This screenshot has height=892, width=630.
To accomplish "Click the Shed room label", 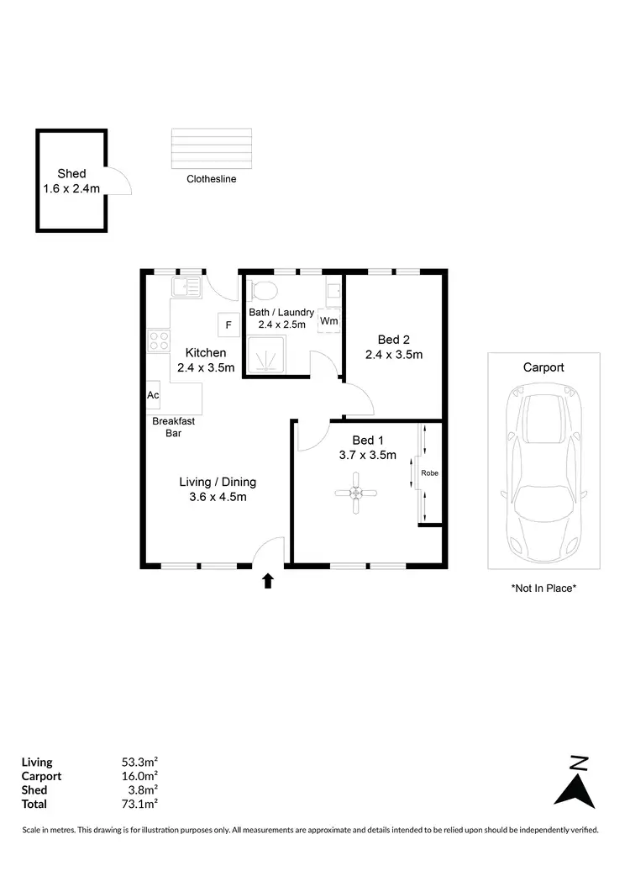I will coord(71,174).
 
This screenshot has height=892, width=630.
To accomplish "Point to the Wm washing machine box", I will coord(328,321).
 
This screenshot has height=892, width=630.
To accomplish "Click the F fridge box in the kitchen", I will coord(227,324).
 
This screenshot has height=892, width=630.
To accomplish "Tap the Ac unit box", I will coord(153,395).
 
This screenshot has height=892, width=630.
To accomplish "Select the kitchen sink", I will coord(186,288).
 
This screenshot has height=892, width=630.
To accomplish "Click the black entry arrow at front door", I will coord(268,580).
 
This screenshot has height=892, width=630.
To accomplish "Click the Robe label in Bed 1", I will coord(429,473).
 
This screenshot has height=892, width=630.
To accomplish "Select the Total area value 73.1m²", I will coord(140,804).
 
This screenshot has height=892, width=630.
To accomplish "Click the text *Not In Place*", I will coord(543,589).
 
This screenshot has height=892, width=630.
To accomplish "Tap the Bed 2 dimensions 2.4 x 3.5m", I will coord(393,355).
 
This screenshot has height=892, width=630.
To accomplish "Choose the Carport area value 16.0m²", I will coord(140,776).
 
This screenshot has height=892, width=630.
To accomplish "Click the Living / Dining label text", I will coord(218,483).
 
